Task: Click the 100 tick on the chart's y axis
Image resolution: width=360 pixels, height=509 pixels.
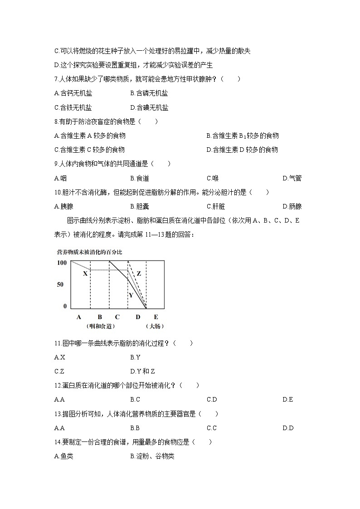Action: point(62,263)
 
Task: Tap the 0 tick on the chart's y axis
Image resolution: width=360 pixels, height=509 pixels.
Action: point(65,306)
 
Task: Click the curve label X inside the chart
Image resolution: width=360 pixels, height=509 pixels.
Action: point(85,273)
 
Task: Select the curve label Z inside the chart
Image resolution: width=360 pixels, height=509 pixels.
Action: point(139,274)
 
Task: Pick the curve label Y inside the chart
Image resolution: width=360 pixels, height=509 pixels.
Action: point(131,295)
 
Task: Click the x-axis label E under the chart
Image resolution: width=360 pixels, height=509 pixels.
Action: point(156,317)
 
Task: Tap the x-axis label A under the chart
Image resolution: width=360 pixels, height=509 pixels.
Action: point(79,317)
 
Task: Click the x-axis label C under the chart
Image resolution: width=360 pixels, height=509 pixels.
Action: point(117,317)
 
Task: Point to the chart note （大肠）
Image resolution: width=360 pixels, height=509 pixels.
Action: point(154,326)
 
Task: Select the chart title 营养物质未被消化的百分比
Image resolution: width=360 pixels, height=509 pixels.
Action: point(89,252)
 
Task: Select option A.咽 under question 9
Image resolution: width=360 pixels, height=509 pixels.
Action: point(60,178)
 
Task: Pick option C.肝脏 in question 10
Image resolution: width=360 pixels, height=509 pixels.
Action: point(216,206)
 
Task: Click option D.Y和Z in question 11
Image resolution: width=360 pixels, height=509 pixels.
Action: point(142,371)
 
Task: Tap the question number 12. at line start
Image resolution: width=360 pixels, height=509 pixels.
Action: point(57,385)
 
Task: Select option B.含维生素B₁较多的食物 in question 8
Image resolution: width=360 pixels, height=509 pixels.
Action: point(242,136)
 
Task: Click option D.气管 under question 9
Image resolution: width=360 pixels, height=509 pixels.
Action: point(292,178)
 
